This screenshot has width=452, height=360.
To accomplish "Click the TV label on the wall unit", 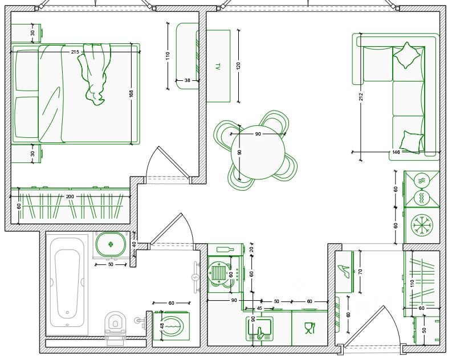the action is coord(217,67).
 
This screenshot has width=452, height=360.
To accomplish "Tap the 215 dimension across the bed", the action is coord(75,52).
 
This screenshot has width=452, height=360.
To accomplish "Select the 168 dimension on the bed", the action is coord(132,94).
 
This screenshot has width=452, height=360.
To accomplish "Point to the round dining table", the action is coord(258,152).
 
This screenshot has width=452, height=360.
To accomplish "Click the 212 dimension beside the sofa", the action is coord(361,96).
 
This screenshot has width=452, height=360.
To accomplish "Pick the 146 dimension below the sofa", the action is coord(396,152).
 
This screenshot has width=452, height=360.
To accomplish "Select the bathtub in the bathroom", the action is coord(67,283).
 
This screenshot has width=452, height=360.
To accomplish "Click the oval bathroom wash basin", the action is coord(110,246).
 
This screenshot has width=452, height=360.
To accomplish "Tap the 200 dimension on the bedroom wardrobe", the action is coord(70,196).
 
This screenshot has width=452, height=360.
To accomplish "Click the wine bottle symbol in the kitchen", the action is coord(224,249).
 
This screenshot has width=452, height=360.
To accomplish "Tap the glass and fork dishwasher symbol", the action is coord(310,328).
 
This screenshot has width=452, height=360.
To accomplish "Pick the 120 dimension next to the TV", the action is coord(238,65).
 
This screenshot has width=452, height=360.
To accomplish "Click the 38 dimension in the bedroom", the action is coord(188,81).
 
